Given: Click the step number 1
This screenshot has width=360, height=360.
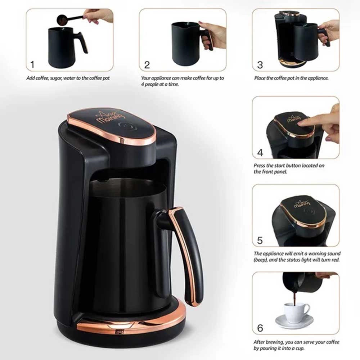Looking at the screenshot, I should click(x=32, y=65).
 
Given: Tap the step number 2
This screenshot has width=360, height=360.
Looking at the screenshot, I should click(x=147, y=65).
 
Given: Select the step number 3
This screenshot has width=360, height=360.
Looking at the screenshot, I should click(x=260, y=65).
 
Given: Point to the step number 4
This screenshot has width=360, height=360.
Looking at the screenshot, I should click(x=260, y=153).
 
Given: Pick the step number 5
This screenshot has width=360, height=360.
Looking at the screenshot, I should click(x=260, y=240).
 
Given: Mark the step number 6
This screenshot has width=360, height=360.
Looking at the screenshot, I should click(x=260, y=328).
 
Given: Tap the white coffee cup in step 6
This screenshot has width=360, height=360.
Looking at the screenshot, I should click(x=296, y=310).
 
